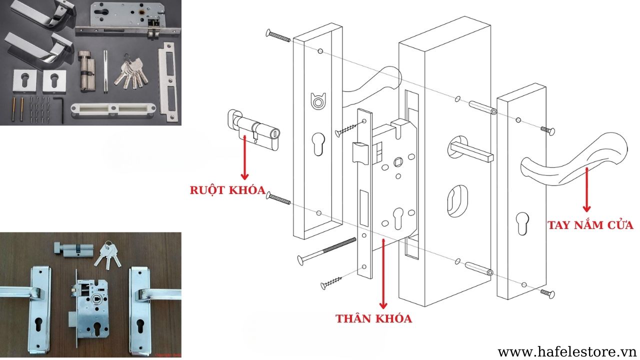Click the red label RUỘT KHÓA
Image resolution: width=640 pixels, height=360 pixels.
[x=227, y=190]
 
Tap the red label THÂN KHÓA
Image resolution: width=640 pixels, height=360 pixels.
[x=373, y=318]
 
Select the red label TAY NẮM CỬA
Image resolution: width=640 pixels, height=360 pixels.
[x=590, y=224]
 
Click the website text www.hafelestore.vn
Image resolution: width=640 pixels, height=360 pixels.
[x=566, y=351]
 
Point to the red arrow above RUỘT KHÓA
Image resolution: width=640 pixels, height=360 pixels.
[x=244, y=159]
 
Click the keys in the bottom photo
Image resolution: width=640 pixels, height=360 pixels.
[x=109, y=253]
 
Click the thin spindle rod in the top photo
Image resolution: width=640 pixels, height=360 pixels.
[x=105, y=71]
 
